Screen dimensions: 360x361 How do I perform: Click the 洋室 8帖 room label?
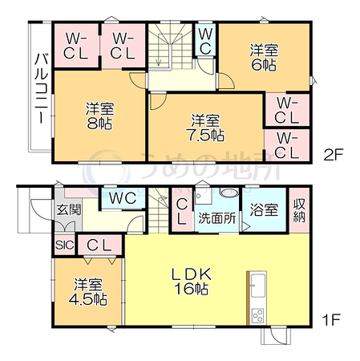[x=99, y=116]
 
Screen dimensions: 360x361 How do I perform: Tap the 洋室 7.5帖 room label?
[x=205, y=128]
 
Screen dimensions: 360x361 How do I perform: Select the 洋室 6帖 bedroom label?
[x=264, y=58]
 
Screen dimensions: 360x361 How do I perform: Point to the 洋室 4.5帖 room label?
[x=88, y=292]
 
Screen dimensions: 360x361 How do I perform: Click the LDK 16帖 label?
[x=192, y=281]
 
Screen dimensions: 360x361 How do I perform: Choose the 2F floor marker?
[x=333, y=155]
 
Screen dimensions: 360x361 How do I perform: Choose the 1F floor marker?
[x=331, y=319]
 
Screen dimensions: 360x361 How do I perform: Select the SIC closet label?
[x=64, y=245]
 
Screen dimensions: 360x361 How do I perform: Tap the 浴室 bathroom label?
[x=264, y=209]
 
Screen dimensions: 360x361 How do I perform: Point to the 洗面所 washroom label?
[x=217, y=218]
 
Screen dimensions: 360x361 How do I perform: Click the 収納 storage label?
[x=299, y=210]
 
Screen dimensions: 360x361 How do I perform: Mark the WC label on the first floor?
[x=123, y=198]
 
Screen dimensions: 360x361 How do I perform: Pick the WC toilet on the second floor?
[x=205, y=42]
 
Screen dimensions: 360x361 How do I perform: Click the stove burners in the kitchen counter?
[x=258, y=316]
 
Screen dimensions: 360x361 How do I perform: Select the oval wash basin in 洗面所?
[x=230, y=193]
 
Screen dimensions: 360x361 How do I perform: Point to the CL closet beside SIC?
[x=99, y=245]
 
